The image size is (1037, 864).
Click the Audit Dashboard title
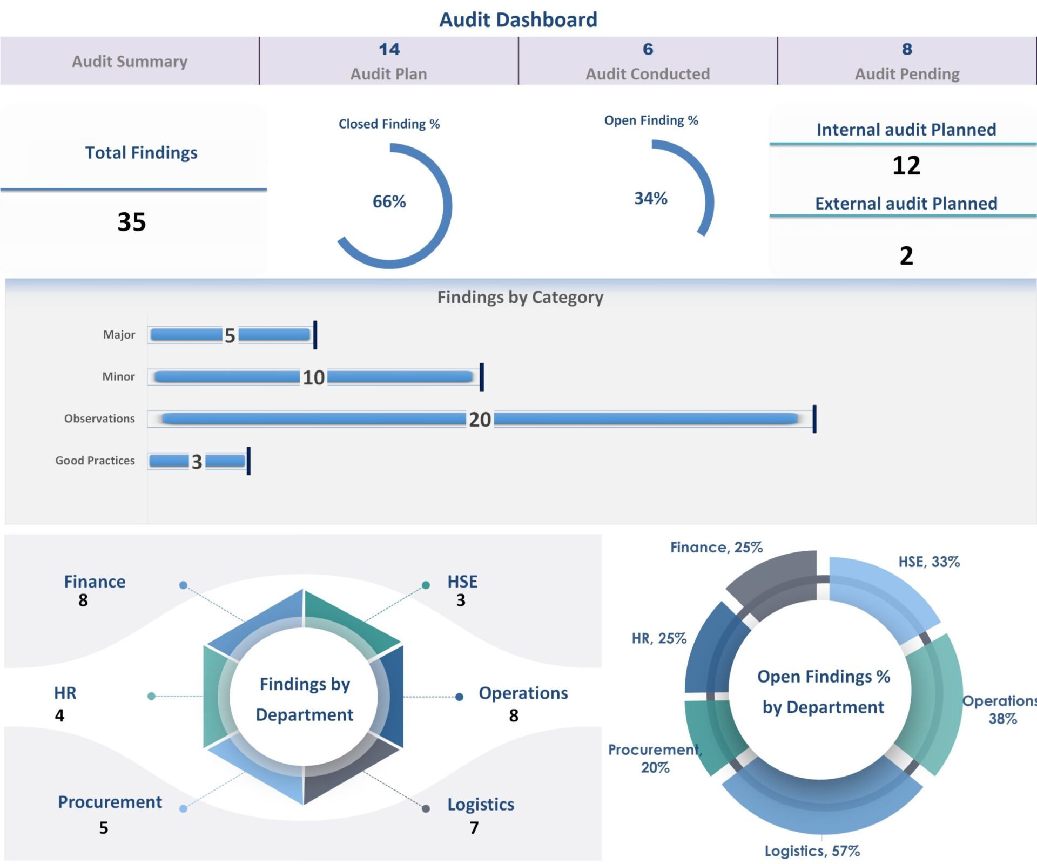[518, 20]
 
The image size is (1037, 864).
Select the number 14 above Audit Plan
[389, 49]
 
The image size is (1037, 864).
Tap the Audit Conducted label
[648, 74]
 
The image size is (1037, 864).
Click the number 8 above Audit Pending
[907, 49]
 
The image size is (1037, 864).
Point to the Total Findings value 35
[132, 222]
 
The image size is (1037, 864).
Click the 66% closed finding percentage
[389, 201]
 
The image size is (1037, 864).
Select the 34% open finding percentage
[650, 198]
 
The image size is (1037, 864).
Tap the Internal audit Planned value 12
[906, 165]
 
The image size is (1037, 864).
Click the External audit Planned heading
[906, 204]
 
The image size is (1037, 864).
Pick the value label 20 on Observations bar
[480, 420]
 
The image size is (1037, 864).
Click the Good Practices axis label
[95, 461]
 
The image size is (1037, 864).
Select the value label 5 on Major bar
[230, 335]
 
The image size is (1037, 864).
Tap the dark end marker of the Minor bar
[481, 377]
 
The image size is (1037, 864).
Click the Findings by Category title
[520, 297]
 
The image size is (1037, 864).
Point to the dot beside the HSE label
[426, 585]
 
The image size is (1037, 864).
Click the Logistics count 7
[474, 828]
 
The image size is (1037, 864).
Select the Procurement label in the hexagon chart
[110, 802]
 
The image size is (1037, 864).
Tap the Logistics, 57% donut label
[812, 852]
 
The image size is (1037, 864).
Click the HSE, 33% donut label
[929, 562]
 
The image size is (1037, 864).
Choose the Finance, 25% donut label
[716, 548]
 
